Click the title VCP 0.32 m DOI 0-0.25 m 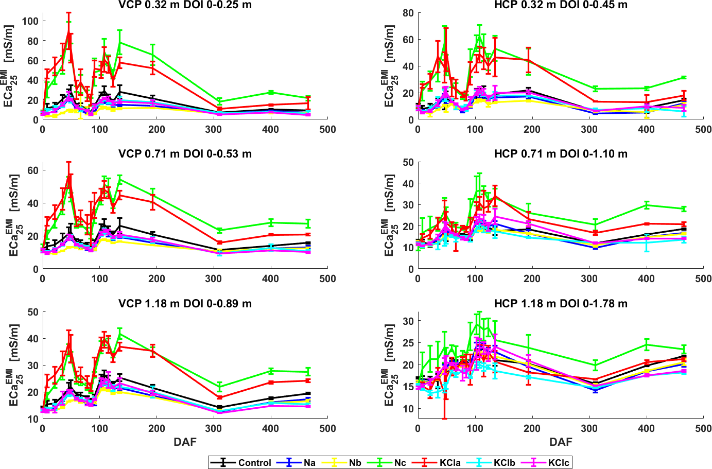click(x=185, y=5)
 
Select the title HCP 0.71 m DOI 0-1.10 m click(x=561, y=154)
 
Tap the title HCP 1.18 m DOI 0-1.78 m click(x=561, y=304)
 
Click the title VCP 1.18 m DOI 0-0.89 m click(x=185, y=304)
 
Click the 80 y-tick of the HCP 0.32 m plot click(x=408, y=13)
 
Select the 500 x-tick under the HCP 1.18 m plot click(x=703, y=428)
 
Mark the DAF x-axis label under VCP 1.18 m click(x=185, y=442)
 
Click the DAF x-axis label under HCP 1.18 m click(x=561, y=442)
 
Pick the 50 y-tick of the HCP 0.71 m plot click(x=408, y=162)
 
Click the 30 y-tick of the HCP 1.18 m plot click(x=408, y=321)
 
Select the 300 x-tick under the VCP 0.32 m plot click(x=214, y=129)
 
